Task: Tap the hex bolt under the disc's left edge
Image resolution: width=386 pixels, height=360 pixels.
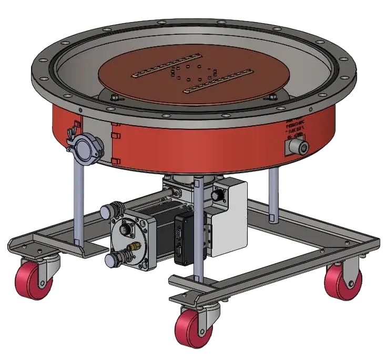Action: coord(114,96)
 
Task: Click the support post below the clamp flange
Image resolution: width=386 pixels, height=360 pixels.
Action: coord(77,200)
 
